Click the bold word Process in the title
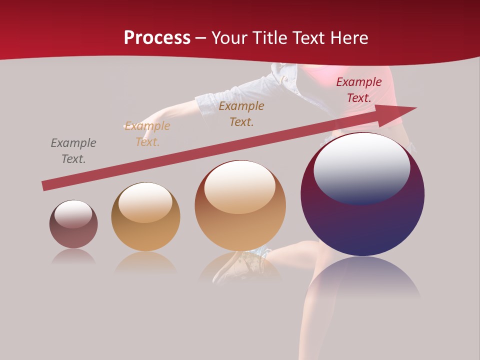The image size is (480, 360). tap(157, 38)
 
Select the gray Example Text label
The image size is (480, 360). tap(73, 151)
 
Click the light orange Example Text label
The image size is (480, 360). tap(147, 134)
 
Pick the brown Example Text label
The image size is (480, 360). tap(241, 114)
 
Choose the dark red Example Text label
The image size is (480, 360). tap(359, 90)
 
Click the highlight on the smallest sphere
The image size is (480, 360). tap(73, 214)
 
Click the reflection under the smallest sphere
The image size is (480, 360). tap(73, 257)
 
